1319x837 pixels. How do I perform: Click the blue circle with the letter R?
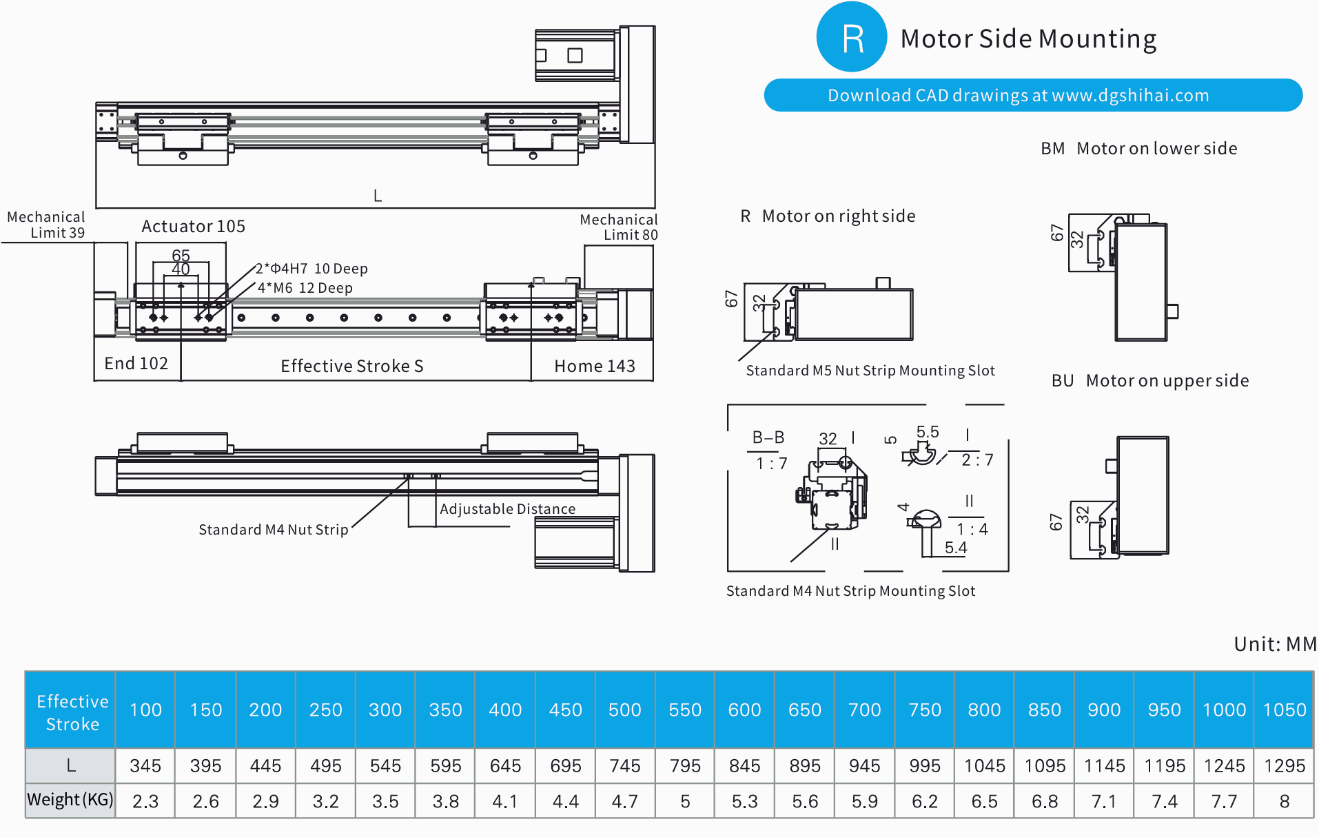851,37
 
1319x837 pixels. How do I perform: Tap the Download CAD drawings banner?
1032,95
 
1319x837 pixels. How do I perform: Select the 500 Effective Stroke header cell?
624,710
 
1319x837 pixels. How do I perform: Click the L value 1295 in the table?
1284,765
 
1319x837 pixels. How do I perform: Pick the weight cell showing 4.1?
505,801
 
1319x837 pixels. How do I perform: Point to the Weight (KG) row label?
70,800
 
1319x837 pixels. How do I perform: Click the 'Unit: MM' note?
1274,644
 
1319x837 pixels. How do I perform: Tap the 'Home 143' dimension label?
594,366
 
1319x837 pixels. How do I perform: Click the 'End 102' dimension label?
136,364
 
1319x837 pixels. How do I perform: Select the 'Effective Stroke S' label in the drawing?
351,366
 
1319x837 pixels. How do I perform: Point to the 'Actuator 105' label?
193,227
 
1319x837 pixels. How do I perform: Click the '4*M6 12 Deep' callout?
305,288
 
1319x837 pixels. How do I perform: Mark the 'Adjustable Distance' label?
507,509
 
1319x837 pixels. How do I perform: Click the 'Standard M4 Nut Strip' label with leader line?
273,530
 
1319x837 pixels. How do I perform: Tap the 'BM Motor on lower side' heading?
1138,149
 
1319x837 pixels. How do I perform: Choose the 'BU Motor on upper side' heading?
1149,381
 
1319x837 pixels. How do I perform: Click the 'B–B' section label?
768,437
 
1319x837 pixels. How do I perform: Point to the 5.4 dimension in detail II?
955,548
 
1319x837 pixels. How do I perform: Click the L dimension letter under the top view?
378,196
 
